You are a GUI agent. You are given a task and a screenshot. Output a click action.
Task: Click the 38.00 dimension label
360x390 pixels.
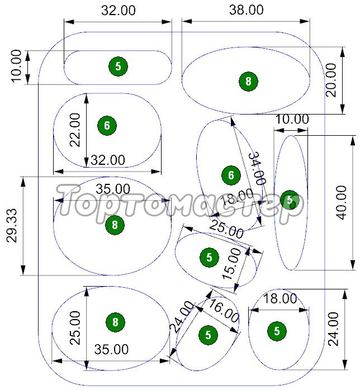coord(246,10)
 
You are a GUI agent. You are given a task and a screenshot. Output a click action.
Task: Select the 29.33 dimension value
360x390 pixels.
coord(12,225)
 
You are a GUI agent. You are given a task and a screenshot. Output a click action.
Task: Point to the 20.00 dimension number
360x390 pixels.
coord(331,80)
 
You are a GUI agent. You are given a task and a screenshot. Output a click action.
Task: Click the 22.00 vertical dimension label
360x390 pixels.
coord(75,130)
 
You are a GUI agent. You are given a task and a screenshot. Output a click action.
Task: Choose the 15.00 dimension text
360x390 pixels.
coord(231,264)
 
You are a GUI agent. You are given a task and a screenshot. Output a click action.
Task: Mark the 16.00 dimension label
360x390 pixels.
coord(223,311)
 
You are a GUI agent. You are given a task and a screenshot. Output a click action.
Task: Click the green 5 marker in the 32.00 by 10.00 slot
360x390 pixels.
coord(118,66)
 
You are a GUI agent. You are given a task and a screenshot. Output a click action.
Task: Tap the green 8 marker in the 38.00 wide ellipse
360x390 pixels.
coord(248,82)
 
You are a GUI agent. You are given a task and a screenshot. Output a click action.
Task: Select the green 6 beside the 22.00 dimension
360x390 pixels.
coord(107,126)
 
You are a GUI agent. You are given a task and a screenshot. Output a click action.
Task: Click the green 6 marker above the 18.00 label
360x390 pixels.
coord(231,175)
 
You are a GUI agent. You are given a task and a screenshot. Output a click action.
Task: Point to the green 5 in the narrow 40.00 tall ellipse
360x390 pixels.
coord(290,199)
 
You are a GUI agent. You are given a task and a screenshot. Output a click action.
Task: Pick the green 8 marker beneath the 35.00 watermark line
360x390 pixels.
coord(115,225)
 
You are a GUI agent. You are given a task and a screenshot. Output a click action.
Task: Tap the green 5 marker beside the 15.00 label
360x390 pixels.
coord(209,258)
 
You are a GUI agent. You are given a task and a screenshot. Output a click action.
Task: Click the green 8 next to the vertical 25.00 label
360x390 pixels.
coord(115,322)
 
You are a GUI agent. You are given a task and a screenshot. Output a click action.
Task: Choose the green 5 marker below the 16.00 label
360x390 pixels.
coord(209,335)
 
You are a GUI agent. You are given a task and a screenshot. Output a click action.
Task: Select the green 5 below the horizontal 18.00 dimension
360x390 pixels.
coord(277,331)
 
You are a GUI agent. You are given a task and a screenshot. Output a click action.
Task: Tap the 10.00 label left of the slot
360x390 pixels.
coord(16,66)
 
